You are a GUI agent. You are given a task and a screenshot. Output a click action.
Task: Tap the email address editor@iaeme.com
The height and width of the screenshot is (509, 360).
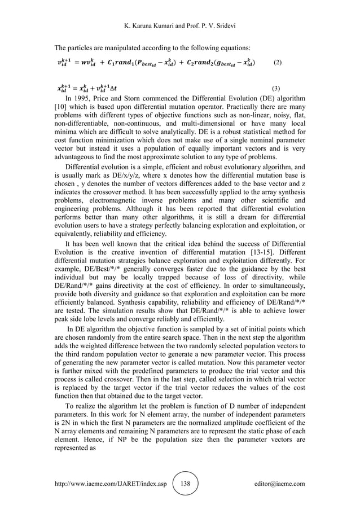coord(278,484)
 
